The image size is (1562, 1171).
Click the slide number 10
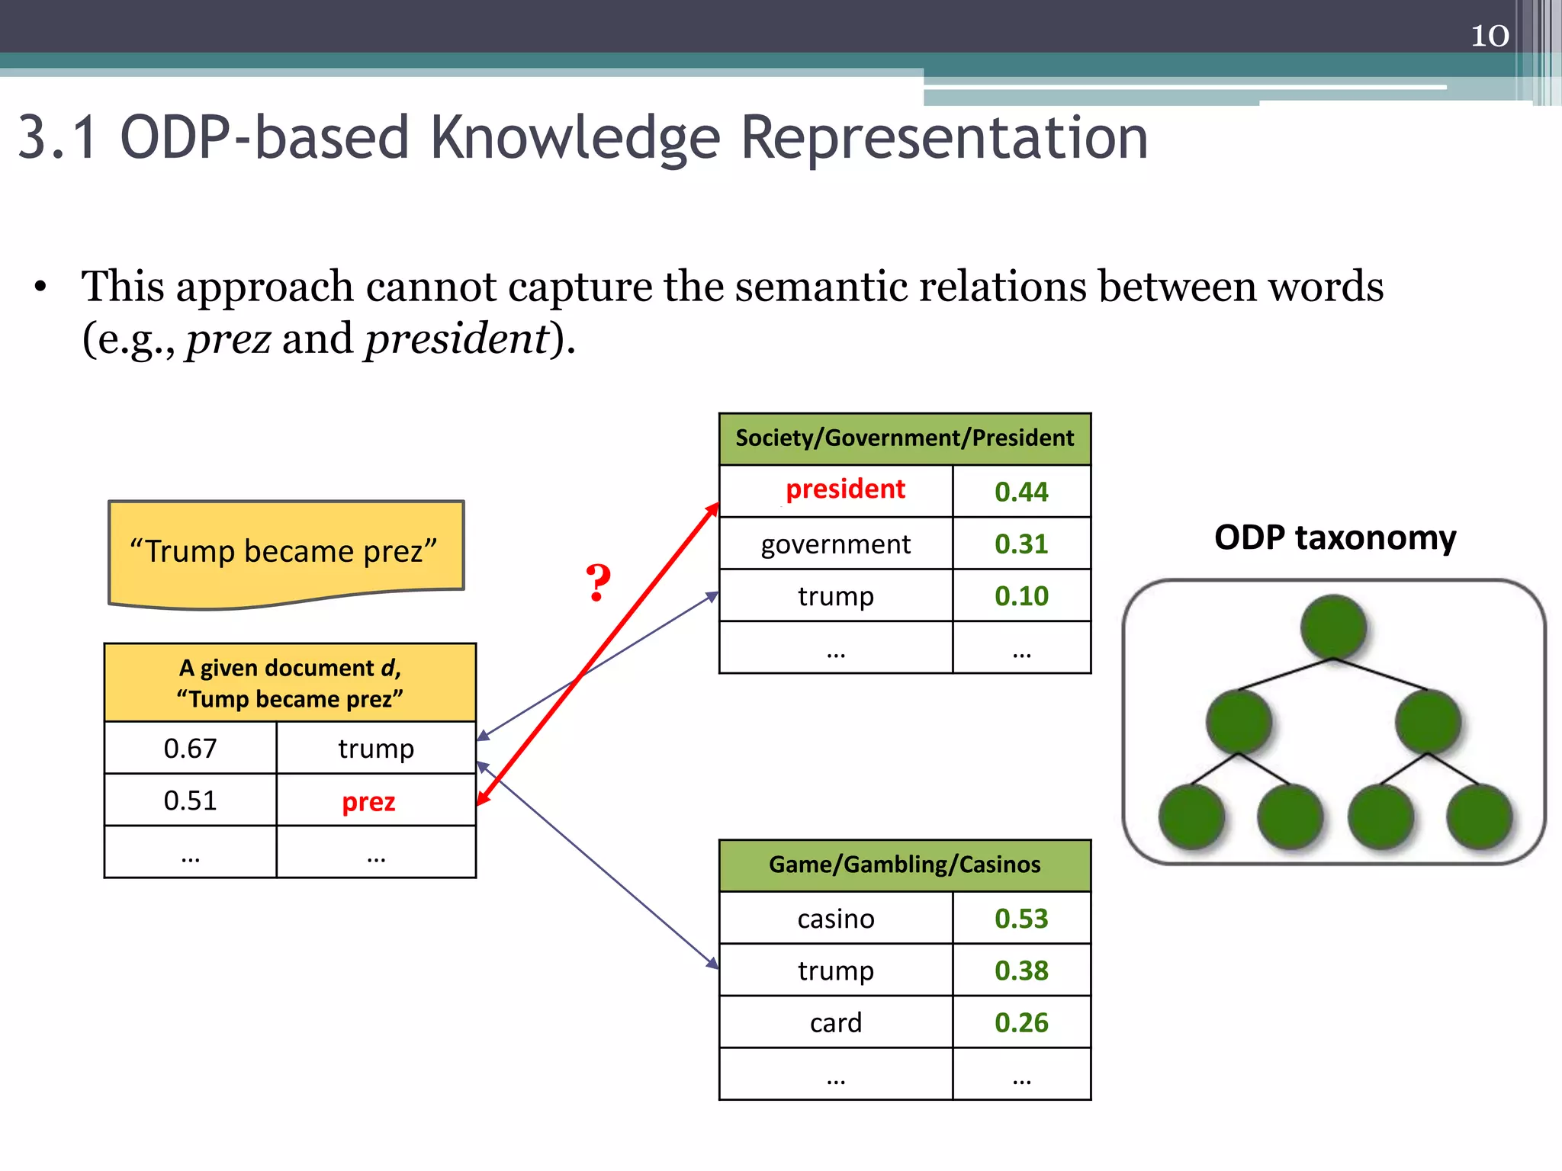pos(1490,36)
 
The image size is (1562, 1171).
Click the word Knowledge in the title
pos(575,138)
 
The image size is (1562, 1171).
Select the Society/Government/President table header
pos(905,438)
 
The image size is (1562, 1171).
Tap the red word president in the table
pos(845,489)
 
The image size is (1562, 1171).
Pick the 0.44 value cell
pos(1021,492)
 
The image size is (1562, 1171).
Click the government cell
pos(836,544)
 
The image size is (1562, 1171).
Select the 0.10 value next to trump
pos(1021,596)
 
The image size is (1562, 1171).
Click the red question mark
pos(598,584)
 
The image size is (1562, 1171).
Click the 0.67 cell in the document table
pos(190,749)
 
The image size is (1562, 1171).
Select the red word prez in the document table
pos(368,802)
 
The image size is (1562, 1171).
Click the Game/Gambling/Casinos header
pos(905,865)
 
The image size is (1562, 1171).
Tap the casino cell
pos(836,919)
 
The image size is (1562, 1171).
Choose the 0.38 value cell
pos(1021,971)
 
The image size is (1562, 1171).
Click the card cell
pos(836,1023)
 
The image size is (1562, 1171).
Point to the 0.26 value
pos(1021,1023)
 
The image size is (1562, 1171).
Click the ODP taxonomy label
pos(1335,537)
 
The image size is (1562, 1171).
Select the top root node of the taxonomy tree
pos(1333,627)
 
